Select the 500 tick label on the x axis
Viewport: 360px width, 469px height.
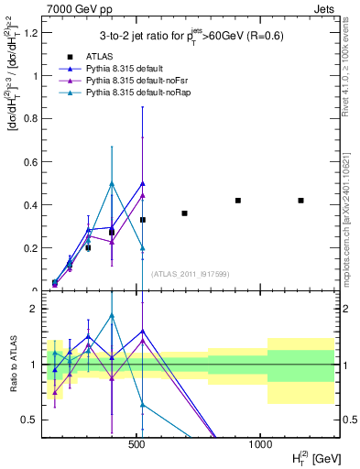[x=137, y=443]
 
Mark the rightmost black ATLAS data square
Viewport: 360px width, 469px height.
[x=300, y=201]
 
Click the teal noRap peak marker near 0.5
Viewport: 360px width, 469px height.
[x=112, y=183]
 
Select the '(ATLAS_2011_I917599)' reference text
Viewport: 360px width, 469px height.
[x=191, y=275]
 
